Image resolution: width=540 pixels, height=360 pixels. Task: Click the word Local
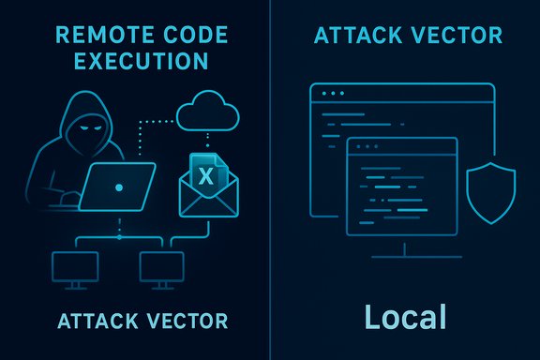tap(405, 317)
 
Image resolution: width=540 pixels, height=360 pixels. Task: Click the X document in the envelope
tap(206, 174)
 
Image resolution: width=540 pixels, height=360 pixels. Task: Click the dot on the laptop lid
tap(118, 187)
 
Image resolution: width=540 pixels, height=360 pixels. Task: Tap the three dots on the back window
tap(331, 94)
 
